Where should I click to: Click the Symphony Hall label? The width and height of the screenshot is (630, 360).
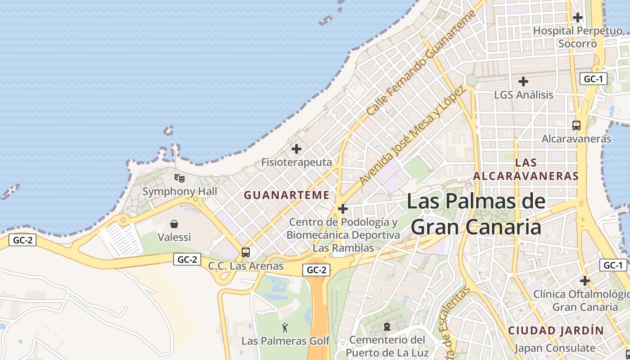tap(180, 191)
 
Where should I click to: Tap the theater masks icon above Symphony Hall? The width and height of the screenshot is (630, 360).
tap(180, 178)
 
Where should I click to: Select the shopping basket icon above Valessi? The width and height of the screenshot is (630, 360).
tap(174, 224)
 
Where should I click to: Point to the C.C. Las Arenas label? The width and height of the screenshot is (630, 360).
tap(246, 266)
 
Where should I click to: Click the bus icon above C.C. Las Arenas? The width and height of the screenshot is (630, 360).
tap(246, 252)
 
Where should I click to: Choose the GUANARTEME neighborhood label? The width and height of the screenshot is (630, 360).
tap(287, 195)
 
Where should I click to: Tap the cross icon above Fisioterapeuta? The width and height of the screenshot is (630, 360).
tap(297, 149)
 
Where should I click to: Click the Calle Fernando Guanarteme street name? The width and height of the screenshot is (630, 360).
tap(421, 63)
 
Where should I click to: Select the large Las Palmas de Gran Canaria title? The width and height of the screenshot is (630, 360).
tap(476, 214)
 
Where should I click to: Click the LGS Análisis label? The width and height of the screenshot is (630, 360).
tap(523, 95)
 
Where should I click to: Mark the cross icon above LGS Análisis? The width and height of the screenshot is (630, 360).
tap(523, 82)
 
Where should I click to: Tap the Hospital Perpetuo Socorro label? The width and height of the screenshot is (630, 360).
tap(578, 37)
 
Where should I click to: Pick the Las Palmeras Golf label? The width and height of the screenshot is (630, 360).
tap(286, 341)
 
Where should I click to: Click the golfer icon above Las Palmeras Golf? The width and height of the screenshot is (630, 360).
tap(285, 328)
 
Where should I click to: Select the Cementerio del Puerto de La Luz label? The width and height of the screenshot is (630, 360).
tap(387, 346)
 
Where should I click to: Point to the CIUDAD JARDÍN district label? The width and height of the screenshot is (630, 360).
tap(556, 330)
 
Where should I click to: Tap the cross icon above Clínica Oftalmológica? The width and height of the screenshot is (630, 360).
tap(585, 281)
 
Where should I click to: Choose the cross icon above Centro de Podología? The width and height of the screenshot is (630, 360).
tap(343, 209)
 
